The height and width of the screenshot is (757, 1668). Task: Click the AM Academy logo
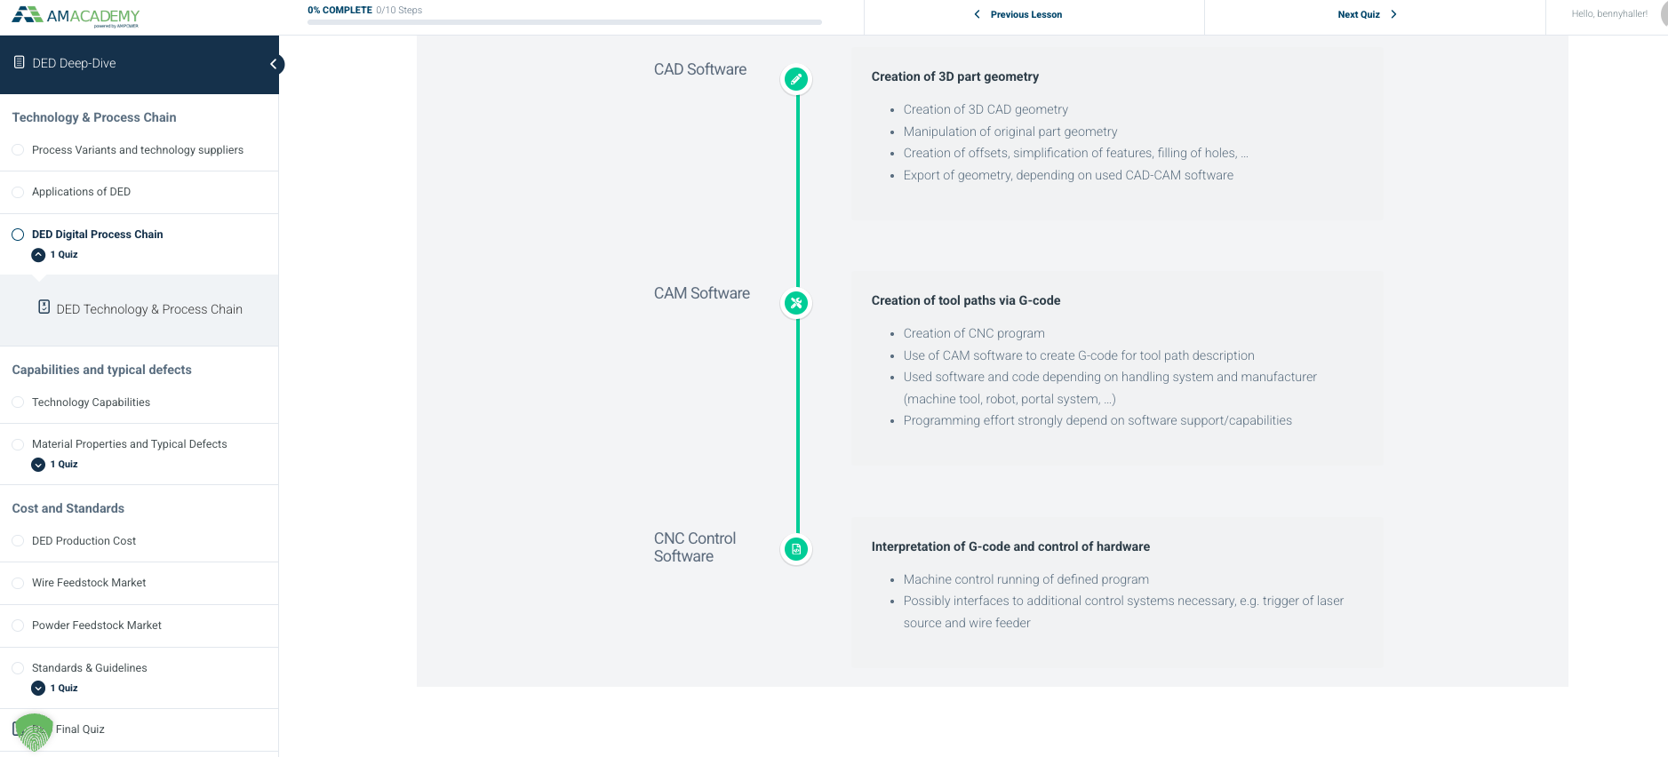[x=76, y=17]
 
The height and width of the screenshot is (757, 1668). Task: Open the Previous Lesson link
[x=1018, y=14]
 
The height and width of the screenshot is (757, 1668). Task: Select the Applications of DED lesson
[x=81, y=192]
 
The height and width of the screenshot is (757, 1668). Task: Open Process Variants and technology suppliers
[x=138, y=150]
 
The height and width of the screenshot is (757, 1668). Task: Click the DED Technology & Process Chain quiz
[x=149, y=309]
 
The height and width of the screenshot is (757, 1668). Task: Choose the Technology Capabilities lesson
[x=91, y=402]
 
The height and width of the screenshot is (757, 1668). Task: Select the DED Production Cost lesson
[x=84, y=541]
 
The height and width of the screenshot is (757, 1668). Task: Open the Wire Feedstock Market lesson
[x=89, y=583]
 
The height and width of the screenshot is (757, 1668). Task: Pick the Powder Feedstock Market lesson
[x=97, y=626]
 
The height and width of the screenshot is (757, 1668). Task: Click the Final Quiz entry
[x=80, y=729]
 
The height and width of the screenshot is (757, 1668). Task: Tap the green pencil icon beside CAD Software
[x=796, y=79]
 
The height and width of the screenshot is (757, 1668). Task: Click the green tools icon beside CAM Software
[x=796, y=303]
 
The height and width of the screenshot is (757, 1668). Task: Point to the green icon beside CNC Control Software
[x=796, y=549]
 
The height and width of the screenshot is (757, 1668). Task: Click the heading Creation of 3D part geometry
[x=955, y=76]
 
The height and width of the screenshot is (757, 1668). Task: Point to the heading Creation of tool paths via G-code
[x=966, y=300]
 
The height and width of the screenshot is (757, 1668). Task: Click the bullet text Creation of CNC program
[x=974, y=333]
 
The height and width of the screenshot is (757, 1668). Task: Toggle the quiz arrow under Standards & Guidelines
[x=38, y=688]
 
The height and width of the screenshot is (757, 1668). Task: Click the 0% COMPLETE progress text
[x=339, y=11]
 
